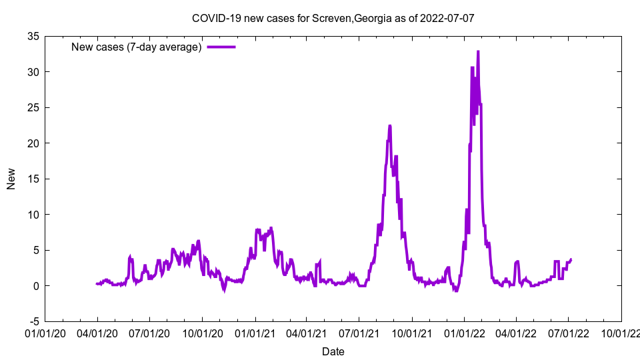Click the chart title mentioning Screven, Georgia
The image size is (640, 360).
click(x=333, y=18)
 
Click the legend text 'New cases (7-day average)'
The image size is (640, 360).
click(x=137, y=47)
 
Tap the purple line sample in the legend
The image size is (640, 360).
click(x=221, y=47)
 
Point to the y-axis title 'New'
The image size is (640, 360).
click(x=11, y=179)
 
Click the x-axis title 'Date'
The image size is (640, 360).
click(x=333, y=351)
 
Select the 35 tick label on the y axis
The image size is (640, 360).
click(x=33, y=36)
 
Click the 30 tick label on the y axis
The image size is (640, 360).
click(x=33, y=72)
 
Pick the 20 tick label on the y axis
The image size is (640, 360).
click(x=33, y=143)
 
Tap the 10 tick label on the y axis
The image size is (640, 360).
click(x=33, y=215)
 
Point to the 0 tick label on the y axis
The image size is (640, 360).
click(x=35, y=286)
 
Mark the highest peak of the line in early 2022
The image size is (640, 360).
click(x=478, y=52)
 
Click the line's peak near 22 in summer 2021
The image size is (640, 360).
click(x=390, y=126)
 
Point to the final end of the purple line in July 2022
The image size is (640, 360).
click(x=571, y=259)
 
